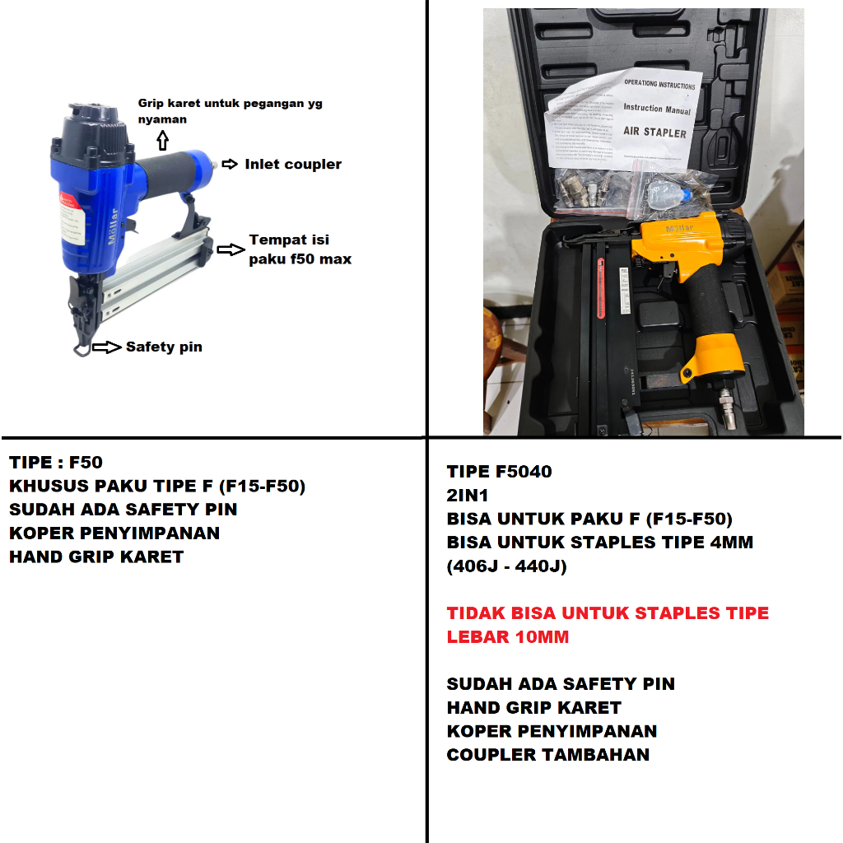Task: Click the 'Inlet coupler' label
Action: click(292, 165)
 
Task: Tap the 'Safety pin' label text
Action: click(164, 347)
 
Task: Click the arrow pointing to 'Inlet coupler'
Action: click(231, 165)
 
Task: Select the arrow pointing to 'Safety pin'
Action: click(106, 347)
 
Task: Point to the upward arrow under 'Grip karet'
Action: click(162, 142)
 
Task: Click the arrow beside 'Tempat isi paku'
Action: click(231, 249)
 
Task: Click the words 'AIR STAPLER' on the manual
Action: click(654, 132)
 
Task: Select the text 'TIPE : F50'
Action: click(56, 463)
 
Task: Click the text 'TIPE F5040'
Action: click(499, 472)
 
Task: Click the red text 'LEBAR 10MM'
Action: click(507, 637)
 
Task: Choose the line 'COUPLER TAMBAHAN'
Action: click(547, 755)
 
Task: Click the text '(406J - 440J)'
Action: click(508, 566)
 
